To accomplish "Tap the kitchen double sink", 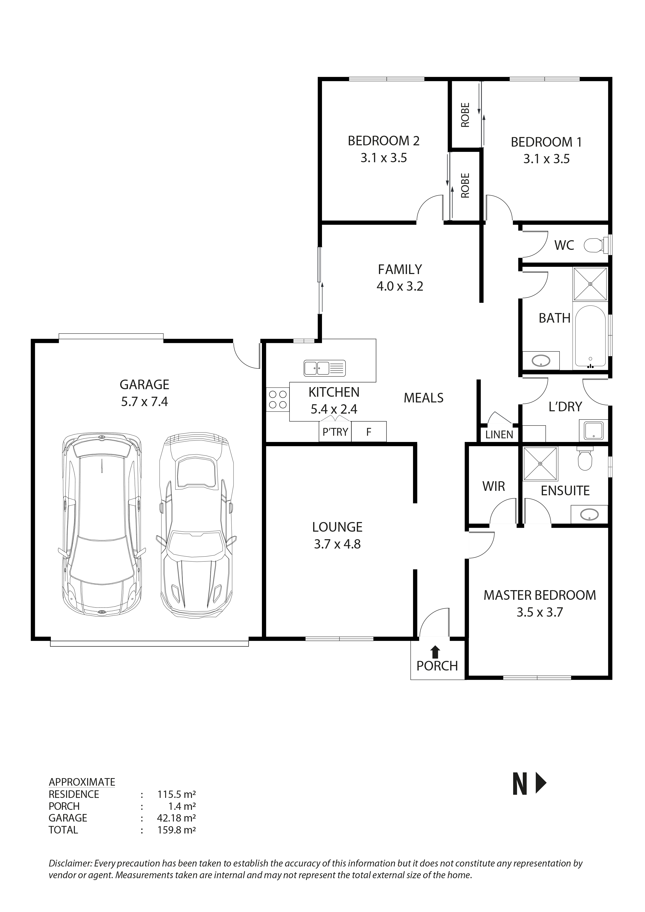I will pyautogui.click(x=324, y=368).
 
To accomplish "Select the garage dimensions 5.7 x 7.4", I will pyautogui.click(x=144, y=402).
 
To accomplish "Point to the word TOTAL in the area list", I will pyautogui.click(x=63, y=830).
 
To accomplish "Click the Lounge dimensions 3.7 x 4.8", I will pyautogui.click(x=337, y=544).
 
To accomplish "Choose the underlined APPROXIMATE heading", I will pyautogui.click(x=82, y=782).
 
